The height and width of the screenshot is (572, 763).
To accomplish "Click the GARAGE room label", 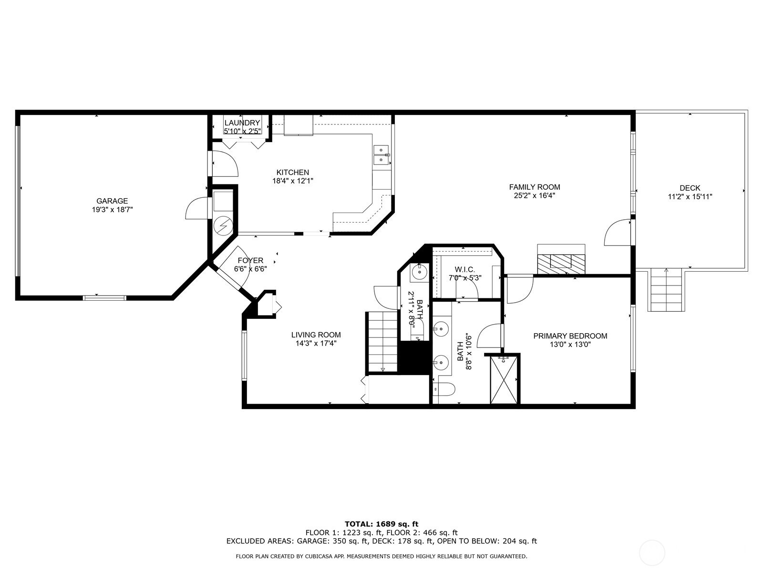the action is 112,201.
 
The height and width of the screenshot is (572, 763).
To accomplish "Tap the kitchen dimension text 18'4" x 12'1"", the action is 293,181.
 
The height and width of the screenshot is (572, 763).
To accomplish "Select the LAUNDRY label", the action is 242,123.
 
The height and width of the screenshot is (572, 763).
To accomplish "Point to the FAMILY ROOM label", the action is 535,187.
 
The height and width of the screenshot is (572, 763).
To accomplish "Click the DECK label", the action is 690,188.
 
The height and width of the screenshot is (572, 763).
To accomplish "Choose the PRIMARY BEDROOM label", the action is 570,336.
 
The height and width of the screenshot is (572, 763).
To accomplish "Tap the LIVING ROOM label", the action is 316,335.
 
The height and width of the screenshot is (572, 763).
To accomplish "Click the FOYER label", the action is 250,260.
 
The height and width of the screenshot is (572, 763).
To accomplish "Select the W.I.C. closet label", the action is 465,269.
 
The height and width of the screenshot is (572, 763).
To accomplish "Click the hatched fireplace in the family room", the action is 561,264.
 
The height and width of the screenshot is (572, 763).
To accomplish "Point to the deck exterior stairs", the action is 666,290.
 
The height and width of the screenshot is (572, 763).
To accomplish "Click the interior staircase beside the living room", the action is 382,342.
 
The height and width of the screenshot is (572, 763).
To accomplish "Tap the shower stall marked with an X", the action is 504,379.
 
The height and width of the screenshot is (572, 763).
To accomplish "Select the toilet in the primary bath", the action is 444,389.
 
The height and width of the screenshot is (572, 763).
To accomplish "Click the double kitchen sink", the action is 381,154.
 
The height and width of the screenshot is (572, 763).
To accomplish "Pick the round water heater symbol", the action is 223,226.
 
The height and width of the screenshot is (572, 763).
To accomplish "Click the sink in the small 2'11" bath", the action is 420,272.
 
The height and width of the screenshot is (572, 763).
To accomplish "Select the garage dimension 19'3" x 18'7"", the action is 112,209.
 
